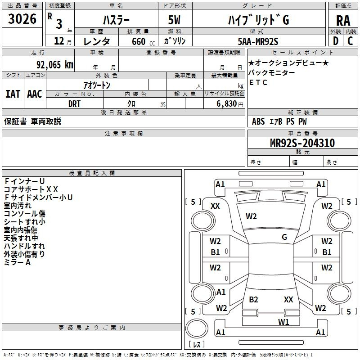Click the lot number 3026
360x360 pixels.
pyautogui.click(x=22, y=19)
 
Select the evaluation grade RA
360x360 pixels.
pyautogui.click(x=343, y=21)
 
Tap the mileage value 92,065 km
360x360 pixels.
pyautogui.click(x=54, y=65)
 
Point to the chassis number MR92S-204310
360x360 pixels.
pyautogui.click(x=302, y=143)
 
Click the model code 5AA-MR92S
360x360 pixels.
pyautogui.click(x=258, y=41)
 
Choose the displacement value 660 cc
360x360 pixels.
pyautogui.click(x=143, y=42)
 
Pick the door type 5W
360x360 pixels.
pyautogui.click(x=174, y=20)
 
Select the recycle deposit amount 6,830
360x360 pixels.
pyautogui.click(x=227, y=104)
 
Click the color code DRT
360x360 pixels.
pyautogui.click(x=74, y=104)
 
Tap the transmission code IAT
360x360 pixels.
pyautogui.click(x=13, y=94)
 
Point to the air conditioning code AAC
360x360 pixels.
pyautogui.click(x=35, y=94)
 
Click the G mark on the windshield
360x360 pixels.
pyautogui.click(x=284, y=237)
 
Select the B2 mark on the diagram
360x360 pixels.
pyautogui.click(x=253, y=299)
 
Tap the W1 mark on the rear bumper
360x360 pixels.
pyautogui.click(x=283, y=322)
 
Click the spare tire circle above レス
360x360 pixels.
pyautogui.click(x=197, y=328)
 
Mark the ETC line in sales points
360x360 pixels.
pyautogui.click(x=258, y=82)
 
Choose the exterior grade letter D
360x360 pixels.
pyautogui.click(x=336, y=41)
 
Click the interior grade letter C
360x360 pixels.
pyautogui.click(x=350, y=41)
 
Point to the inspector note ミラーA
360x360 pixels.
pyautogui.click(x=17, y=262)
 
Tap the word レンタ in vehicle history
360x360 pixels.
pyautogui.click(x=96, y=41)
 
